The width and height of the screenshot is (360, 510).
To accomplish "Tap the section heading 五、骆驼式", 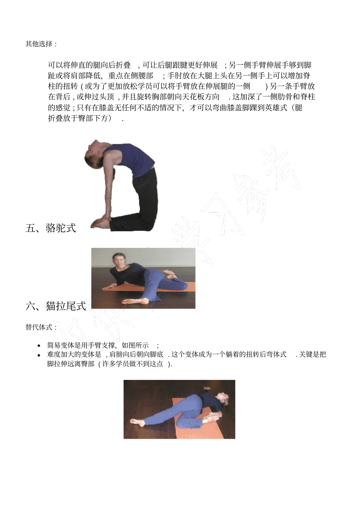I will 51,228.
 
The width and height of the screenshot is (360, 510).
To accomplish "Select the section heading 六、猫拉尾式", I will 56,306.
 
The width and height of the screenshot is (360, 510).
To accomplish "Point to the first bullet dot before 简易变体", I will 39,346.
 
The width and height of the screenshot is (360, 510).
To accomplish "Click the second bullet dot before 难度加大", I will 39,355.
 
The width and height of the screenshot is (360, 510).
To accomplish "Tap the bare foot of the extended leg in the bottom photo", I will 137,421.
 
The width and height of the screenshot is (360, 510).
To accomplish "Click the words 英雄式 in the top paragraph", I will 276,108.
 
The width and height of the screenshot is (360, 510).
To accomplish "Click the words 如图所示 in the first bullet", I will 135,345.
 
